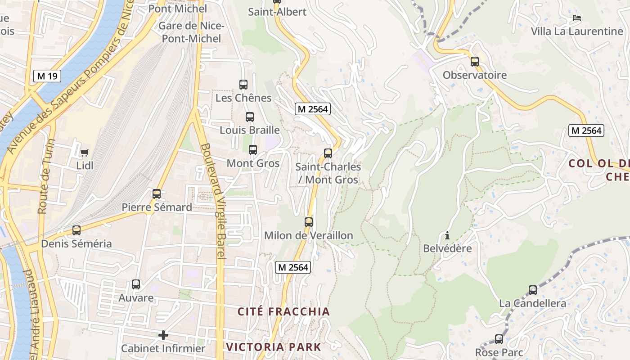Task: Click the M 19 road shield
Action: (47, 76)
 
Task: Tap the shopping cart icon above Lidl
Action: (85, 153)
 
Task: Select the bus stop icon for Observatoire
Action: (475, 62)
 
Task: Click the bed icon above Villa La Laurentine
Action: (577, 18)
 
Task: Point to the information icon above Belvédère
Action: (447, 235)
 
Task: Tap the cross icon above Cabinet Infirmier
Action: (163, 335)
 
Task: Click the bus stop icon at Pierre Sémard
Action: (157, 194)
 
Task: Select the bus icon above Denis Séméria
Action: (76, 230)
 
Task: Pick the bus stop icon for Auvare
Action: (136, 284)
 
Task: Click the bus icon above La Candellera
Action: (533, 290)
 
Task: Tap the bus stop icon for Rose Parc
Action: (499, 339)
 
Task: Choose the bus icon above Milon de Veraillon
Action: (309, 222)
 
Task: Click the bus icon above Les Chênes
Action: (243, 84)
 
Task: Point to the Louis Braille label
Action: (250, 130)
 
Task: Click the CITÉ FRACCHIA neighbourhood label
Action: (283, 311)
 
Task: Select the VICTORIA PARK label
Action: (274, 347)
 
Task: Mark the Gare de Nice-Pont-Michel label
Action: (192, 32)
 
